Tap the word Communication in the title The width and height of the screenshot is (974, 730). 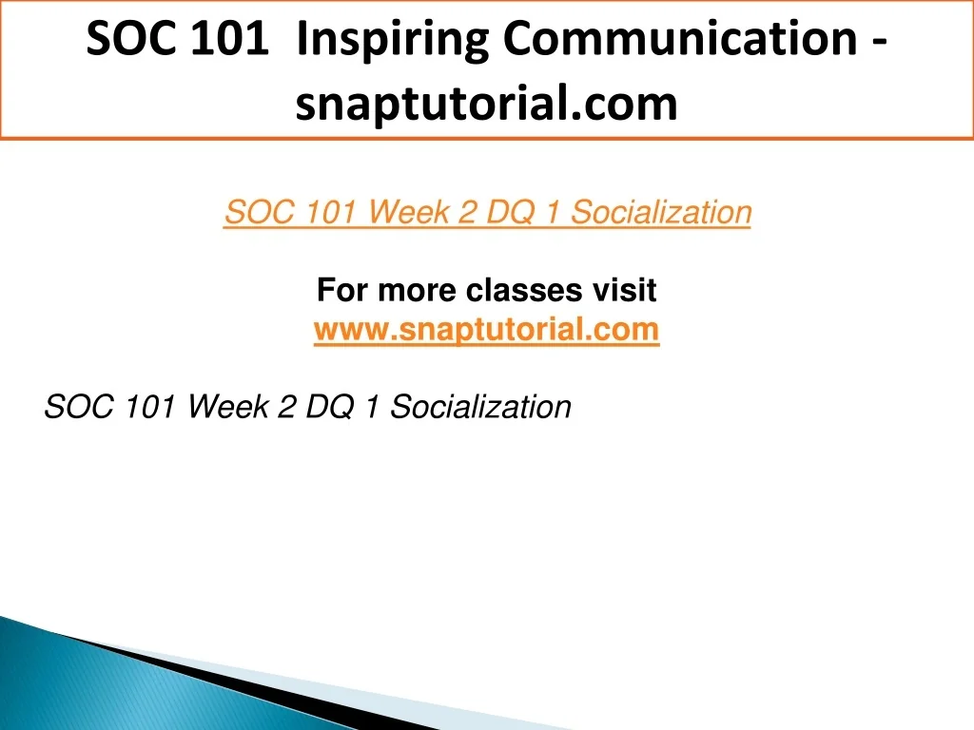680,38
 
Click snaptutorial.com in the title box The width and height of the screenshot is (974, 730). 486,104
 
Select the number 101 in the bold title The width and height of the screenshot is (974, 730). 230,38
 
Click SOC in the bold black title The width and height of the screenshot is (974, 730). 131,38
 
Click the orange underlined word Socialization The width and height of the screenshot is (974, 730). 661,212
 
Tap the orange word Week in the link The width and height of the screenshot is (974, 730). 408,212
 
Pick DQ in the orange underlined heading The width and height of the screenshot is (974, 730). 510,212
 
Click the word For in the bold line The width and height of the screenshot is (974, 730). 341,290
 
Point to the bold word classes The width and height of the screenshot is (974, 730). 524,290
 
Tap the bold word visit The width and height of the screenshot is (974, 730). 624,290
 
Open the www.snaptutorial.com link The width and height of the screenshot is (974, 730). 486,329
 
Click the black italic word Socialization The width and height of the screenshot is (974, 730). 480,407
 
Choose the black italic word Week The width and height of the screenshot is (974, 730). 228,407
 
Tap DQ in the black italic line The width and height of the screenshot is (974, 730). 330,407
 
